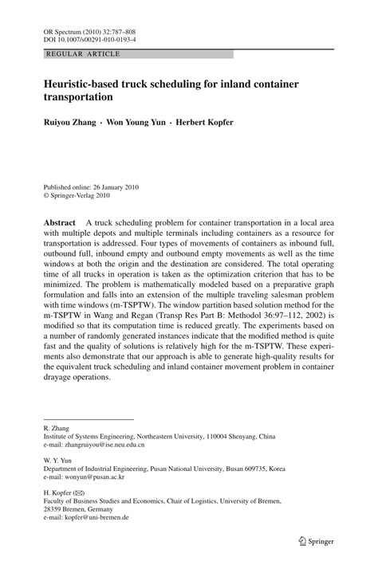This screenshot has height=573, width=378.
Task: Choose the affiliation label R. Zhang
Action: click(x=56, y=428)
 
